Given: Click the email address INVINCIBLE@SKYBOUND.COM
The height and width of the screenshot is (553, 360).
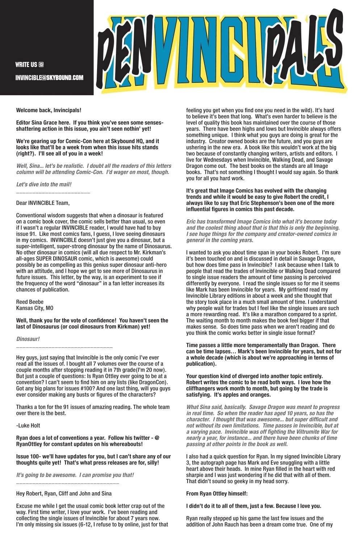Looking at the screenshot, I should (49, 77).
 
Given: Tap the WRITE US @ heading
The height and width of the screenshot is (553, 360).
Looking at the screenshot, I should (30, 65).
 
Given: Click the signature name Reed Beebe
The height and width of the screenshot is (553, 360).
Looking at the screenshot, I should (30, 302).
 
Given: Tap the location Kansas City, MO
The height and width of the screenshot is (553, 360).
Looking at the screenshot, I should (35, 308).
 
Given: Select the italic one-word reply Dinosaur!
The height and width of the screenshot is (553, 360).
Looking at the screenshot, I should (28, 339).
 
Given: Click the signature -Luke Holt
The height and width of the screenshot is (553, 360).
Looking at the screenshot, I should (28, 425).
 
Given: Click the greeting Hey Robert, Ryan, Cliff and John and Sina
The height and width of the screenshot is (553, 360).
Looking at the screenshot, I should (64, 493).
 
